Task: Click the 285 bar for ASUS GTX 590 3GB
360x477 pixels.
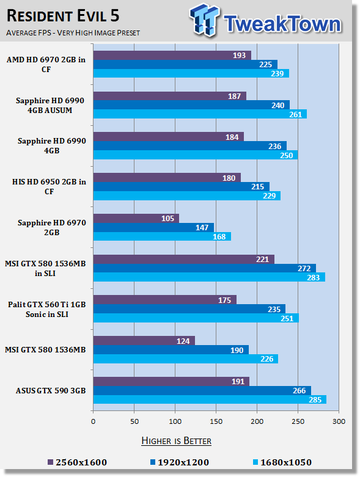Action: [210, 399]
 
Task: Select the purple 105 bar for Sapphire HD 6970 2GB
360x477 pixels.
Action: [136, 219]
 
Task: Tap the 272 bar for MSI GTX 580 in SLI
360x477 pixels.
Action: [205, 268]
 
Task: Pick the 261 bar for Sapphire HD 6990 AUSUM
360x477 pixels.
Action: [200, 114]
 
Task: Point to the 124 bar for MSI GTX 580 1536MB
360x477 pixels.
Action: [144, 341]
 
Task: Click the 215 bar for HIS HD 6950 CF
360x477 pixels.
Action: [182, 186]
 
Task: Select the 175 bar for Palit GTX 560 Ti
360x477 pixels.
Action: [165, 300]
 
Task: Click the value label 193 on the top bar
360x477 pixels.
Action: [239, 56]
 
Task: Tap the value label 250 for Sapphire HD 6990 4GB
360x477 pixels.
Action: [287, 156]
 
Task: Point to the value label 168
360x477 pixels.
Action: [219, 237]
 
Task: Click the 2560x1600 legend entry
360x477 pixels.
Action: [78, 462]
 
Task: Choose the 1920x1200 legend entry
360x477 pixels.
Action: [180, 462]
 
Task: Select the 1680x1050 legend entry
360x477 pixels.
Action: [282, 462]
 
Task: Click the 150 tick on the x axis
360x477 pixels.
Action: [216, 421]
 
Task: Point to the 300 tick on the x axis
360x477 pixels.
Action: [339, 421]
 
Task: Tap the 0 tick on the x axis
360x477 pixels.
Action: [93, 421]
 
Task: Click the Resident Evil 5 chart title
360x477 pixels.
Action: [63, 16]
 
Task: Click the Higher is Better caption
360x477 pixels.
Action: [177, 441]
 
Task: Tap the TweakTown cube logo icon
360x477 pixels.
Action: [205, 20]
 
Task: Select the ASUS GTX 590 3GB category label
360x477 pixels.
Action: [51, 391]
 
